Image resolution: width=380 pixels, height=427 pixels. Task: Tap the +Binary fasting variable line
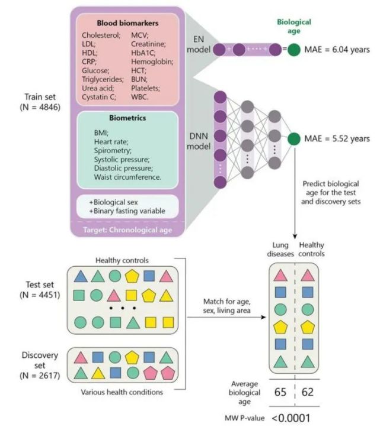coord(123,212)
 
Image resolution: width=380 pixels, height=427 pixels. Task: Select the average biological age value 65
coord(281,392)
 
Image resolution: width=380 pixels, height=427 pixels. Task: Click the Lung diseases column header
coord(280,250)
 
